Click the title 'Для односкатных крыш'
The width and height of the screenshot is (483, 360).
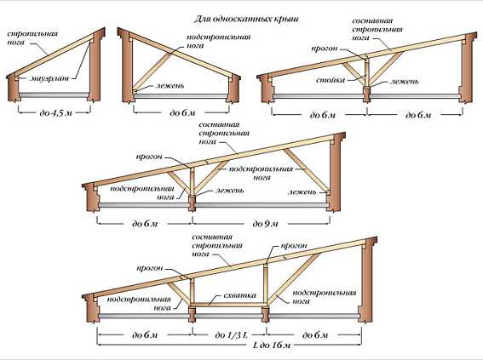coord(246,20)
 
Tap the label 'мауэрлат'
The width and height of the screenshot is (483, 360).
coord(49,78)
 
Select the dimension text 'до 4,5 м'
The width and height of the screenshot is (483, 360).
coord(55,113)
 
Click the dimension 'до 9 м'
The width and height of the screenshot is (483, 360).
coord(265,224)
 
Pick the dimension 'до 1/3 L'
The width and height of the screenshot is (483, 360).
coord(231,334)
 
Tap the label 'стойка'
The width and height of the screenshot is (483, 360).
coord(331,80)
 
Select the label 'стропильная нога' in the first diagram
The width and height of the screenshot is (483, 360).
coord(32,37)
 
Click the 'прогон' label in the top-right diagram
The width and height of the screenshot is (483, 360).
coord(325,49)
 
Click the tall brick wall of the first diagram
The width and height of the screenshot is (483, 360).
coord(95,66)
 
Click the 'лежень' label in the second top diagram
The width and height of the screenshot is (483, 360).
coord(170,85)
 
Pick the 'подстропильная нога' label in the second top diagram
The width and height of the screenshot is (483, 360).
coord(219,41)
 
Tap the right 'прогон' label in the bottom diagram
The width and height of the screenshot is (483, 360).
coord(294,246)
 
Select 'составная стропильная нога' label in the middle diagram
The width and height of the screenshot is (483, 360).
coord(224,134)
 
